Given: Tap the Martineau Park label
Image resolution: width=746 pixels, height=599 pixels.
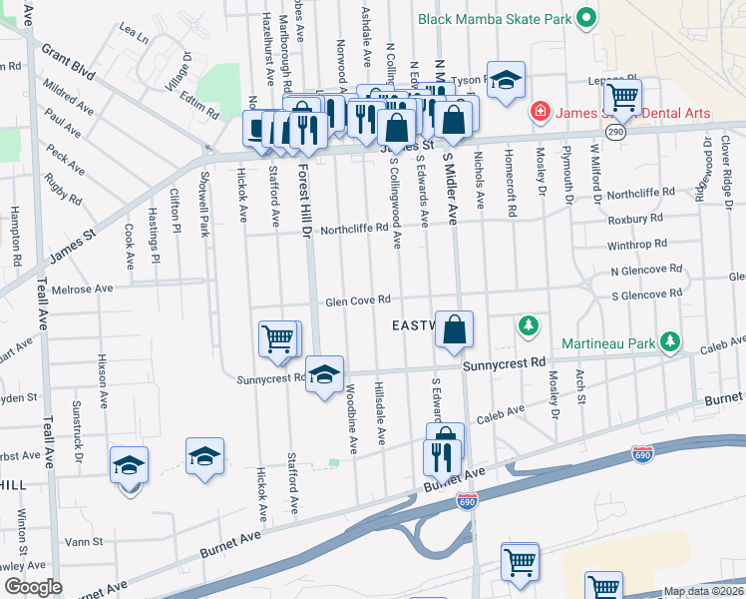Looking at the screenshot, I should tap(607, 344).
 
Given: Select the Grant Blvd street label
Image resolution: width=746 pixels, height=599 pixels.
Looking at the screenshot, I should tap(68, 61).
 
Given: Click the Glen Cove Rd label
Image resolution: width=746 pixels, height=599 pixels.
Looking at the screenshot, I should tap(357, 301).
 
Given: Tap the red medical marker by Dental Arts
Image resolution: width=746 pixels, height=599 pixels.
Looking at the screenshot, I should tap(540, 112).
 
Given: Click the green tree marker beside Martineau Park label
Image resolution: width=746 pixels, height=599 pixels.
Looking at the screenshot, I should tap(671, 343).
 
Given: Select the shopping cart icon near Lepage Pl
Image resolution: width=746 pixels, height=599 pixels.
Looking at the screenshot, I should tap(623, 97).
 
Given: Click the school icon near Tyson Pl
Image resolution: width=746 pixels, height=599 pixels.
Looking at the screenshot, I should tap(506, 79).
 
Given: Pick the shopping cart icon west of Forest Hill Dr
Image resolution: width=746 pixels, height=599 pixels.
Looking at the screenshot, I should tap(279, 337).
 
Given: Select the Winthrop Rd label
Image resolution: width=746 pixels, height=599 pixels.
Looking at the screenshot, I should tap(638, 245).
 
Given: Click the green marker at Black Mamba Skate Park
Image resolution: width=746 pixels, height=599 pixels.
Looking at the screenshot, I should tap(587, 17).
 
